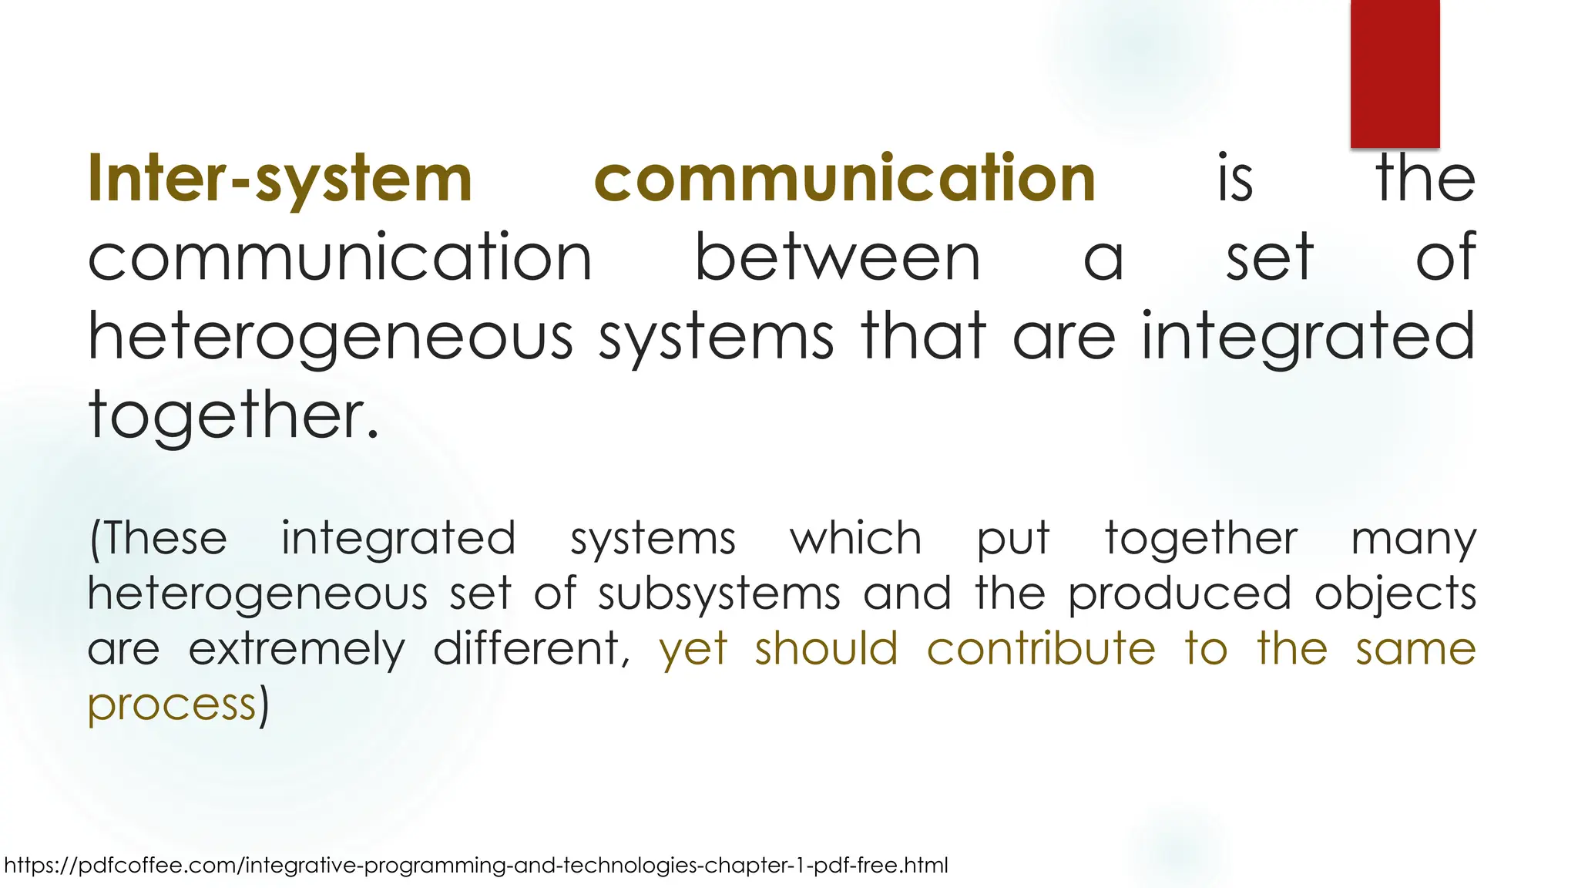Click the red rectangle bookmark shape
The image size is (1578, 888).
(x=1395, y=73)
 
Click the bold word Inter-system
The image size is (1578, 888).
(x=280, y=179)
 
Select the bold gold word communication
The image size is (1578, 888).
(x=844, y=179)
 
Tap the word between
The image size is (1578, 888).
(x=838, y=258)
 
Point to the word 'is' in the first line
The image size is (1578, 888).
(x=1235, y=179)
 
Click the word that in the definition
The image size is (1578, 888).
(x=924, y=337)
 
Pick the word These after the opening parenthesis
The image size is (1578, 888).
(x=165, y=538)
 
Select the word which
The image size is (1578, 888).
(x=855, y=538)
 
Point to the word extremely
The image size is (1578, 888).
(x=297, y=650)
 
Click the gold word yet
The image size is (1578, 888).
(x=693, y=650)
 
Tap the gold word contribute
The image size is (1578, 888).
(x=1041, y=648)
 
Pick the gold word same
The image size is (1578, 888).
(x=1415, y=650)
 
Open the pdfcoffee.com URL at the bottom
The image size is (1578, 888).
(x=476, y=865)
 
